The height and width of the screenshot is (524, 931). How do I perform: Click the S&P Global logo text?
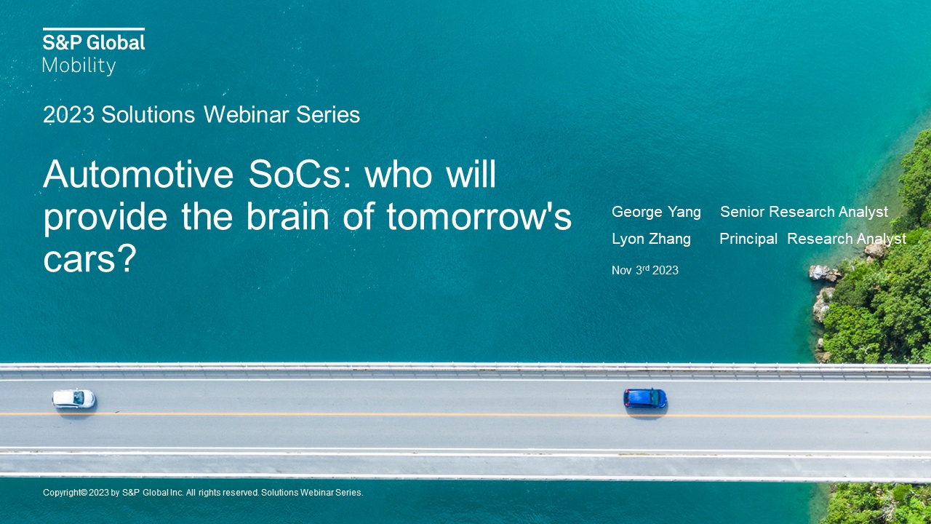pyautogui.click(x=94, y=42)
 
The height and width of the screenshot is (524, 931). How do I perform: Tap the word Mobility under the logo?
pyautogui.click(x=79, y=65)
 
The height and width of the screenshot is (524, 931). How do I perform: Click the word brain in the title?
pyautogui.click(x=287, y=216)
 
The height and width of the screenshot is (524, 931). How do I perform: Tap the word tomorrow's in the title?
pyautogui.click(x=479, y=216)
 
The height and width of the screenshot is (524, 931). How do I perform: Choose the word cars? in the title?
pyautogui.click(x=89, y=258)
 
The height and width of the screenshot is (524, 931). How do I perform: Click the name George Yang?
pyautogui.click(x=656, y=212)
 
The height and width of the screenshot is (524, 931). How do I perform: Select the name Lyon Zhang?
pyautogui.click(x=651, y=239)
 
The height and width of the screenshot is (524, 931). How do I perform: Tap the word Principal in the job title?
pyautogui.click(x=748, y=239)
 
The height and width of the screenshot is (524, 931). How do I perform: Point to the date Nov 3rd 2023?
pyautogui.click(x=645, y=270)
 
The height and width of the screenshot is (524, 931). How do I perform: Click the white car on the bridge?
pyautogui.click(x=74, y=399)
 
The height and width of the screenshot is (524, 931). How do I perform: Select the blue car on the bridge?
pyautogui.click(x=645, y=398)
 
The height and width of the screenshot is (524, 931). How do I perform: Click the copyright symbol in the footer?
pyautogui.click(x=84, y=493)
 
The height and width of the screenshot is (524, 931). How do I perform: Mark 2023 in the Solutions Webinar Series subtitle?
pyautogui.click(x=68, y=114)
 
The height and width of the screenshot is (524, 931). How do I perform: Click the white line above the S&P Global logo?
pyautogui.click(x=94, y=29)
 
